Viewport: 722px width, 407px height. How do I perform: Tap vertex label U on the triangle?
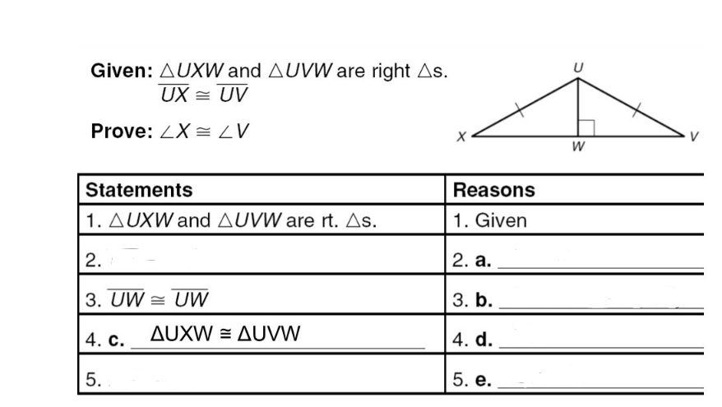[x=578, y=67]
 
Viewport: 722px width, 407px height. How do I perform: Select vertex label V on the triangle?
[x=695, y=137]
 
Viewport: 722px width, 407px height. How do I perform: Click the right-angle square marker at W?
[x=585, y=127]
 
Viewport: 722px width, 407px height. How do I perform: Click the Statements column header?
[x=139, y=190]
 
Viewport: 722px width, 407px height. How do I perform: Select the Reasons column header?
[x=493, y=190]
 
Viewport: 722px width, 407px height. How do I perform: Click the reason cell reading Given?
[x=501, y=220]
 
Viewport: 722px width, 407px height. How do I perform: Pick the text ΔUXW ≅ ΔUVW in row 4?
[x=226, y=335]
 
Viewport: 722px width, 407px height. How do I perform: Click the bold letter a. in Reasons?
[x=483, y=261]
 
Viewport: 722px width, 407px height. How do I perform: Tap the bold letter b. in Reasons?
[x=483, y=300]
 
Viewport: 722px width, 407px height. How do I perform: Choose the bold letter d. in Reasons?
[x=483, y=340]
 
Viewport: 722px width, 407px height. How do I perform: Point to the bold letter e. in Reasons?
[x=483, y=379]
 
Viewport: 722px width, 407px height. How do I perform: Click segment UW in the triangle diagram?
[x=578, y=105]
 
